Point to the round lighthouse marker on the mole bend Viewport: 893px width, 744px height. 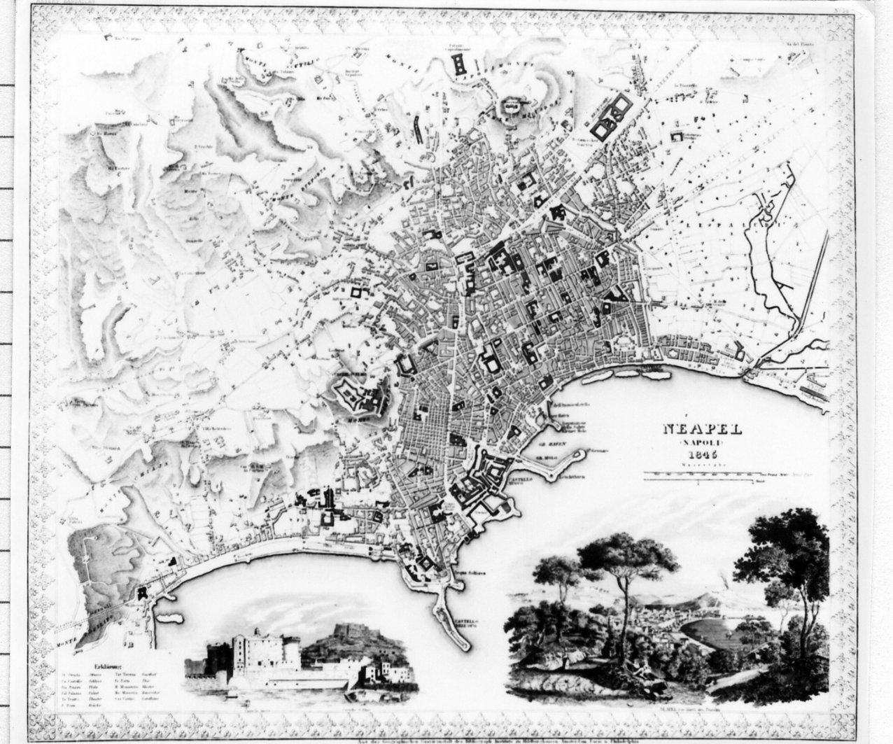(579, 456)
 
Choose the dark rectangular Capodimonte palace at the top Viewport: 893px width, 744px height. (460, 66)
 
